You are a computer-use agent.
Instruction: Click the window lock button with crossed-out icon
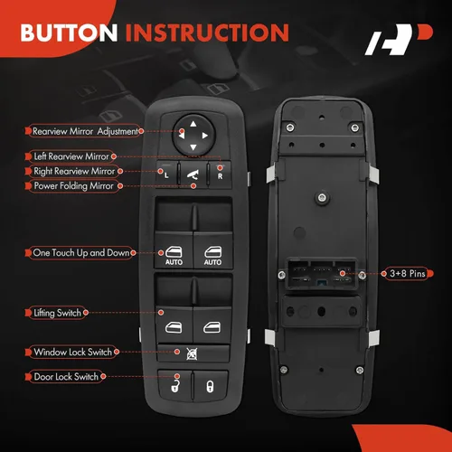(193, 353)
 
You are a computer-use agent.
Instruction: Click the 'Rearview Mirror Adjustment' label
(84, 131)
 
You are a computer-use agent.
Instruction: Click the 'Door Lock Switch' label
(65, 374)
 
